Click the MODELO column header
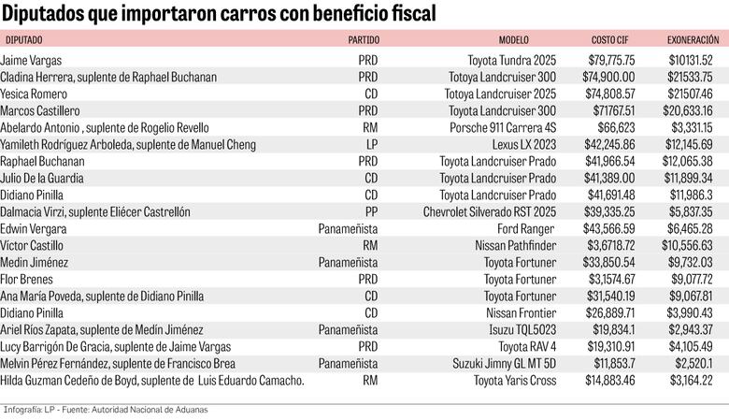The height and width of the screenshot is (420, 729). click(513, 40)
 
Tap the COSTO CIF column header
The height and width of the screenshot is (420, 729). click(609, 40)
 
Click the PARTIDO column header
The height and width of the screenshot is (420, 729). click(363, 40)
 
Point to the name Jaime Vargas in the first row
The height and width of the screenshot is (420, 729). click(31, 60)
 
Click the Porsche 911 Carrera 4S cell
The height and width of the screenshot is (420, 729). click(505, 127)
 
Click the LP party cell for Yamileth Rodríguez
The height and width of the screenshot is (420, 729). click(371, 144)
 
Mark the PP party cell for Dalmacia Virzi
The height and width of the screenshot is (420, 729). click(371, 212)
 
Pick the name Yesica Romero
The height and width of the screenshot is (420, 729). click(34, 94)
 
